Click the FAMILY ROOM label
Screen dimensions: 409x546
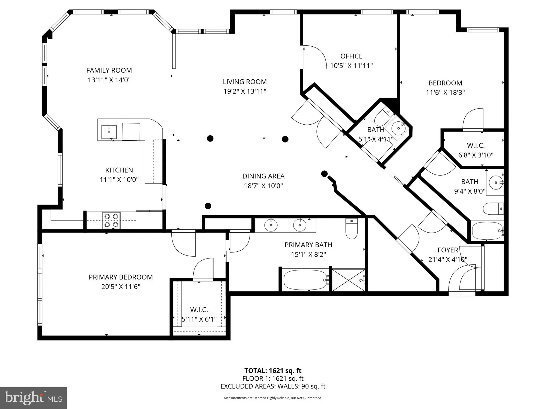coord(109,70)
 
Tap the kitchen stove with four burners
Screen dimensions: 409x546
coord(111,220)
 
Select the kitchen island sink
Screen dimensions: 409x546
coord(109,132)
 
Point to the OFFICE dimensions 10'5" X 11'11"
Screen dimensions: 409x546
coord(351,66)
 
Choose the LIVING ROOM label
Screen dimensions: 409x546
coord(245,82)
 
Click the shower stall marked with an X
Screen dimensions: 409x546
coord(348,280)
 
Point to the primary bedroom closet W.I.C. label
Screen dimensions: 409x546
coord(199,310)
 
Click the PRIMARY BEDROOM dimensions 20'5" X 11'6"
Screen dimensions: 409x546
coord(121,287)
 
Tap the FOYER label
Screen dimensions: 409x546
coord(448,250)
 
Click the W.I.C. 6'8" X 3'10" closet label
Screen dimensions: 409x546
coord(476,145)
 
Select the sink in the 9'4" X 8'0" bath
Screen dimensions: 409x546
coord(496,182)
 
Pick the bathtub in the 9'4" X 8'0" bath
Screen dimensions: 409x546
coord(487,231)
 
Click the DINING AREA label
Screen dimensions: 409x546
coord(263,176)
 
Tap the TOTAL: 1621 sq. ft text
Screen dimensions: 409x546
coord(273,371)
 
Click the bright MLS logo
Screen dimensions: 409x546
coord(33,398)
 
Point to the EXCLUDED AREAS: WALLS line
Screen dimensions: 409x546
coord(273,386)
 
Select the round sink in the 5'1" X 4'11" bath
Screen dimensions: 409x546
coord(399,128)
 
